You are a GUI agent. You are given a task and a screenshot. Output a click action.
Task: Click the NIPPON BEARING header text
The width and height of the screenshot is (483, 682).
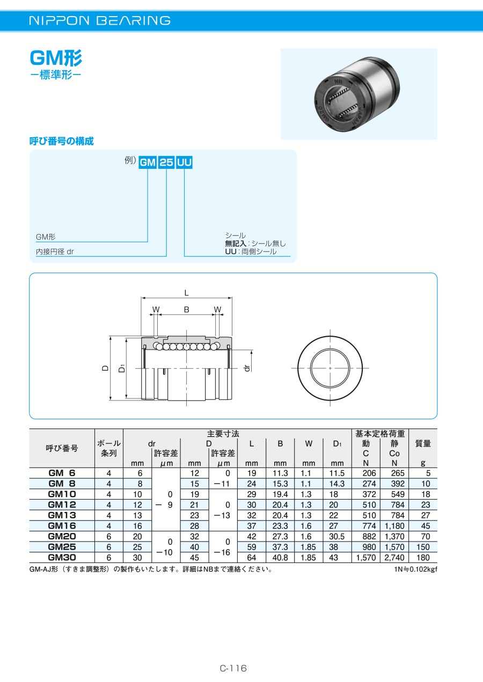(x=100, y=20)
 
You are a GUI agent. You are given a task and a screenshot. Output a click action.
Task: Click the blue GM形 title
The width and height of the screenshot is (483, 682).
(x=56, y=58)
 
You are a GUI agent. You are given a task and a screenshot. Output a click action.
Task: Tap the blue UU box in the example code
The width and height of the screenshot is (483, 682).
(x=185, y=162)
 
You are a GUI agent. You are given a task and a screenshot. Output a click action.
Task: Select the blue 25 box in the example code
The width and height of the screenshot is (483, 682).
(x=166, y=162)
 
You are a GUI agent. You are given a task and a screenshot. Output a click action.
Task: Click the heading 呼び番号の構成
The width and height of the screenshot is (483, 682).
(x=62, y=141)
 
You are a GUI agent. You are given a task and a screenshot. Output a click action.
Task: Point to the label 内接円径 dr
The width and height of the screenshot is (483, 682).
(x=55, y=251)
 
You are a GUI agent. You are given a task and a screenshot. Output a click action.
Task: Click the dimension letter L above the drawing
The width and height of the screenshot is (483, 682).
(x=187, y=293)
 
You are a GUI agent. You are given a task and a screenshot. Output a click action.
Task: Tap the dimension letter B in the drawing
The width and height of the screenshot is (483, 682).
(x=187, y=309)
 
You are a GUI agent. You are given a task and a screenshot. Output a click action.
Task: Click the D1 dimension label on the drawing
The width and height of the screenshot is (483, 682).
(x=122, y=368)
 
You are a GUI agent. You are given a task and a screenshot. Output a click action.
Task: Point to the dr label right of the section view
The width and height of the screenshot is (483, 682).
(x=247, y=368)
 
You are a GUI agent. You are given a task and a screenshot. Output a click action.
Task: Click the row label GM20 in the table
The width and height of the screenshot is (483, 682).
(x=62, y=536)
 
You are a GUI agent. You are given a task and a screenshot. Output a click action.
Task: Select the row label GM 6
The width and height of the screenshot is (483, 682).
(x=62, y=473)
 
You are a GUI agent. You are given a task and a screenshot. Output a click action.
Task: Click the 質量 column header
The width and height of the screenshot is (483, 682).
(x=423, y=443)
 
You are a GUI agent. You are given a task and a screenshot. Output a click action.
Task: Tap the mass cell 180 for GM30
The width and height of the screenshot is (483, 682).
(x=423, y=558)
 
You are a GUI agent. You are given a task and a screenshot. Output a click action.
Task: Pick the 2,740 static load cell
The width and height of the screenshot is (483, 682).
(x=394, y=558)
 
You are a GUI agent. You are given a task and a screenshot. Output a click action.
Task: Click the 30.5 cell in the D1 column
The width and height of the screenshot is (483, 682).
(x=336, y=537)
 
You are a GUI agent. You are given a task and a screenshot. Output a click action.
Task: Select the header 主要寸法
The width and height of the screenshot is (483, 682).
(x=223, y=434)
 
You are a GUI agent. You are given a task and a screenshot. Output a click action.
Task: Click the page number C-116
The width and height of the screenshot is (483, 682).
(x=233, y=668)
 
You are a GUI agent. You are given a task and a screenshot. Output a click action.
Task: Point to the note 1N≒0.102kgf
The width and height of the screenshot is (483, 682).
(x=416, y=569)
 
